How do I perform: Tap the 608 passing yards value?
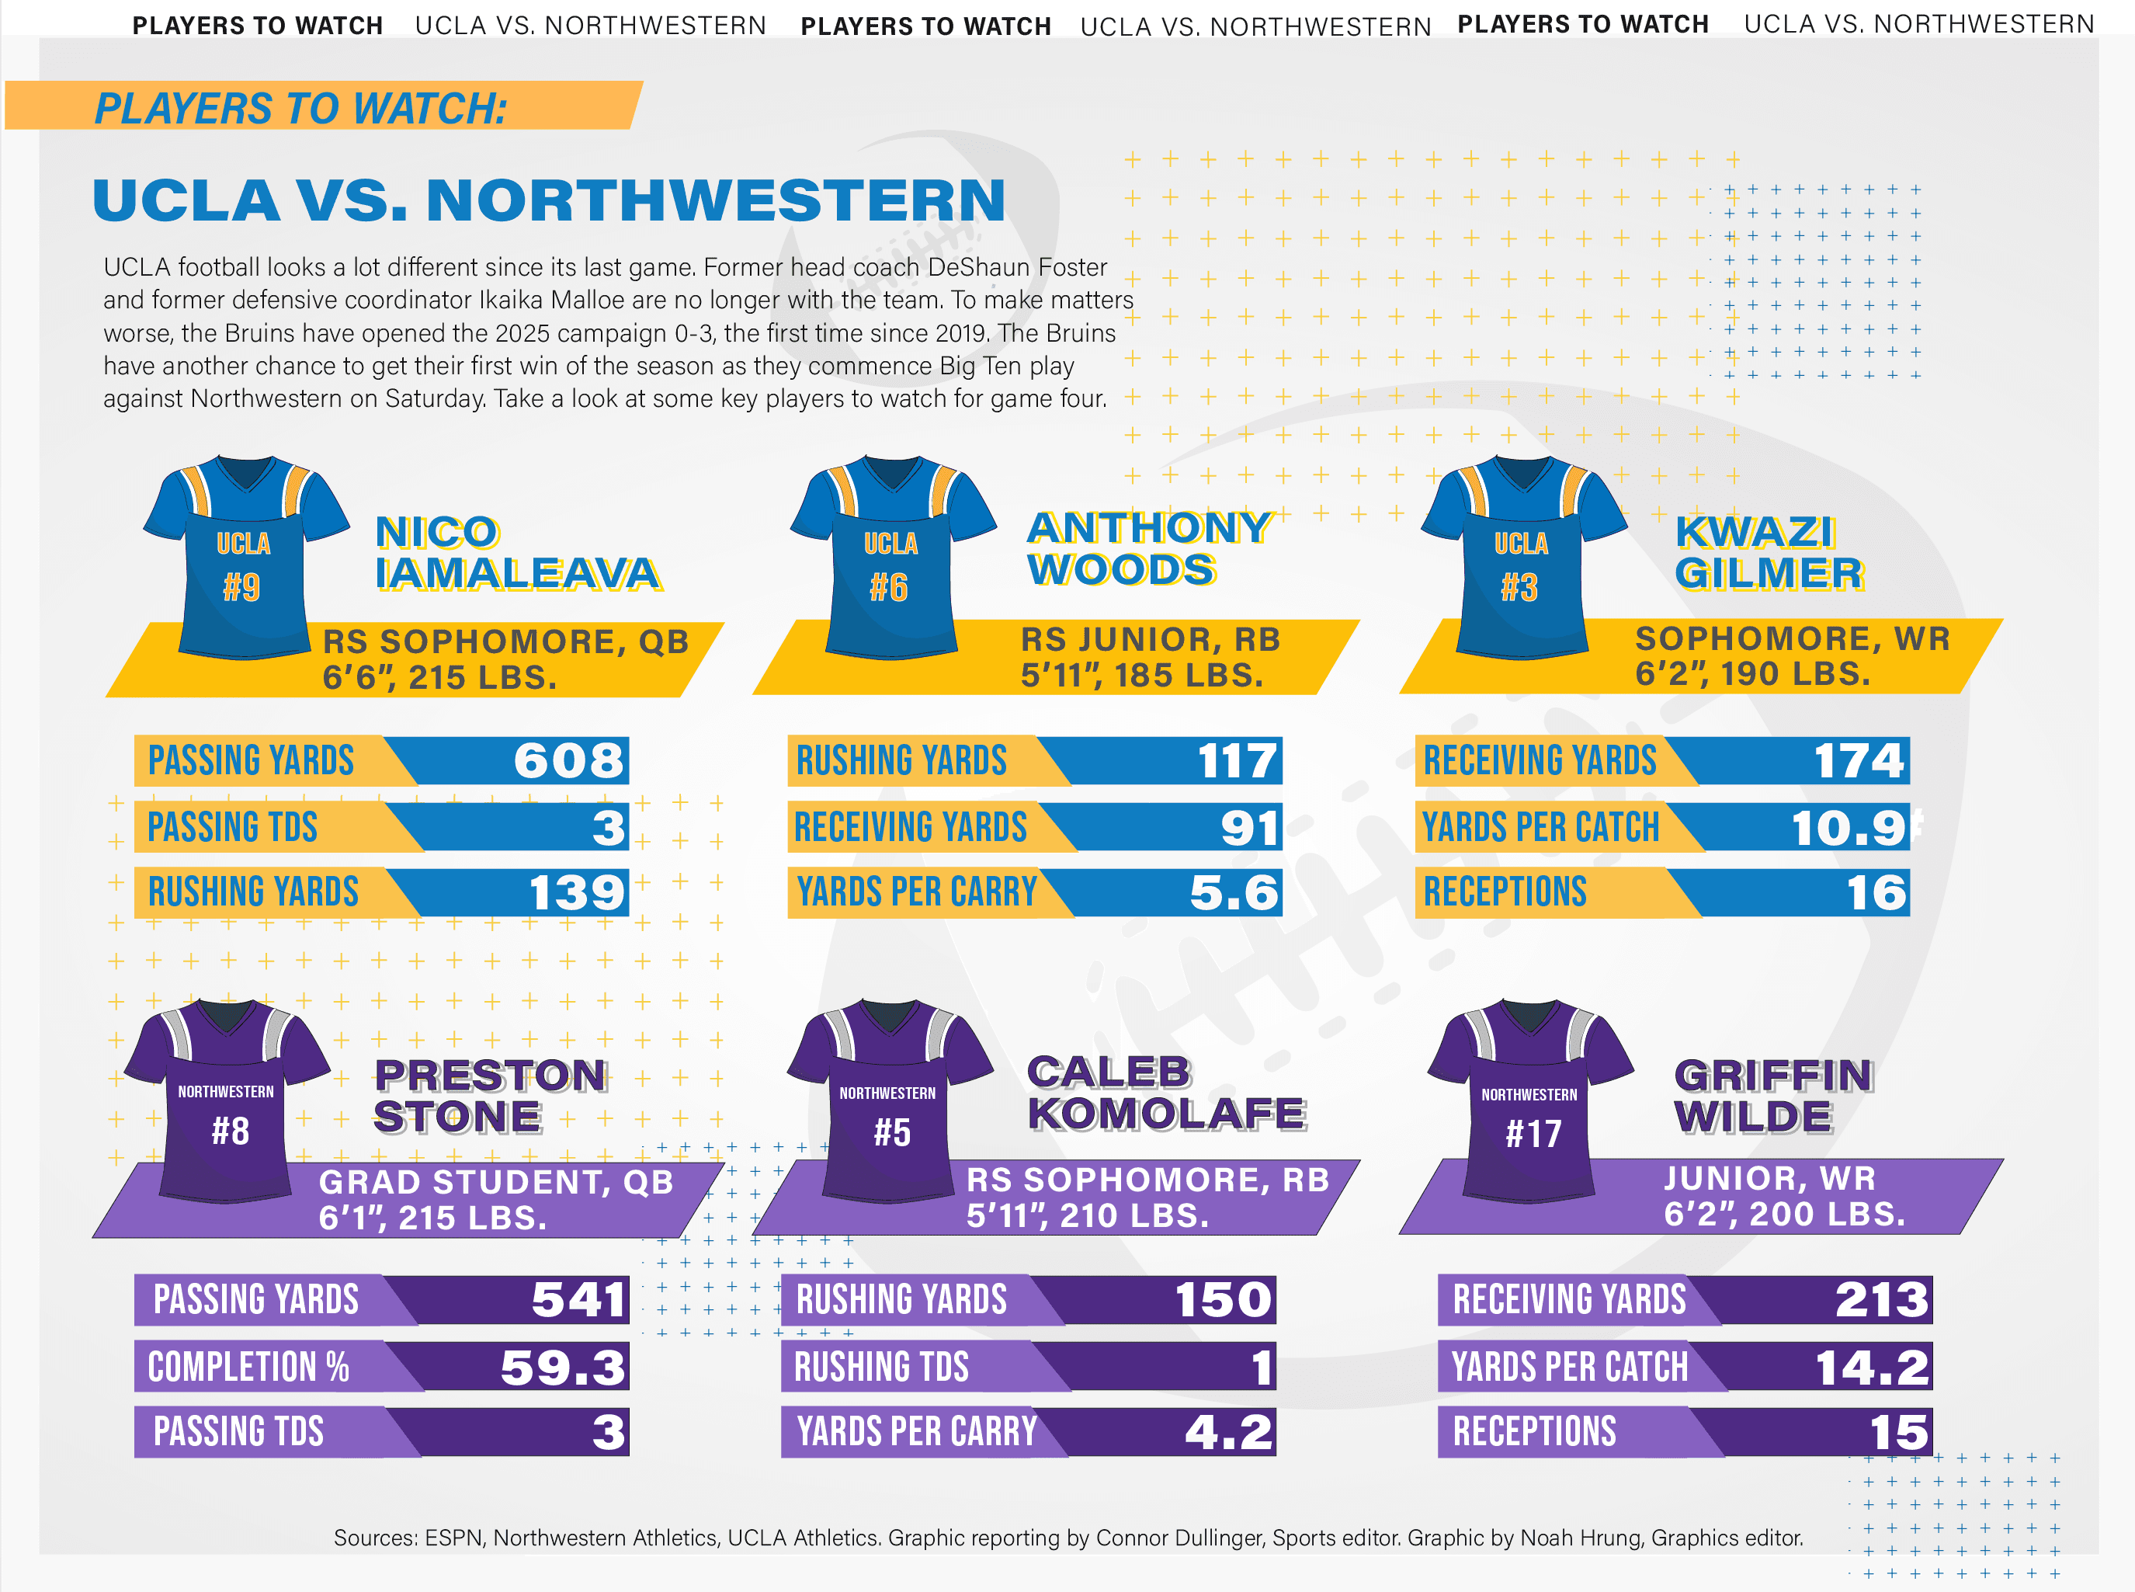[568, 760]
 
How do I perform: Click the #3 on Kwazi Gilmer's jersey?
[1519, 587]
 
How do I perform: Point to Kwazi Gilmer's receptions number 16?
[1876, 892]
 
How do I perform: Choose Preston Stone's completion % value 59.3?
[563, 1367]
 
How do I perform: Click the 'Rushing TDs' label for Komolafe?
[880, 1367]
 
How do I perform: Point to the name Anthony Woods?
[1148, 548]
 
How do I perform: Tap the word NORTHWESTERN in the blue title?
[715, 200]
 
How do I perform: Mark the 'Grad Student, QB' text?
[496, 1181]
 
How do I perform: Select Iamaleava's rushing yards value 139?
[576, 892]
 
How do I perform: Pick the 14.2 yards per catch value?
[1871, 1367]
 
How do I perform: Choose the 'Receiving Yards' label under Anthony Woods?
[911, 827]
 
